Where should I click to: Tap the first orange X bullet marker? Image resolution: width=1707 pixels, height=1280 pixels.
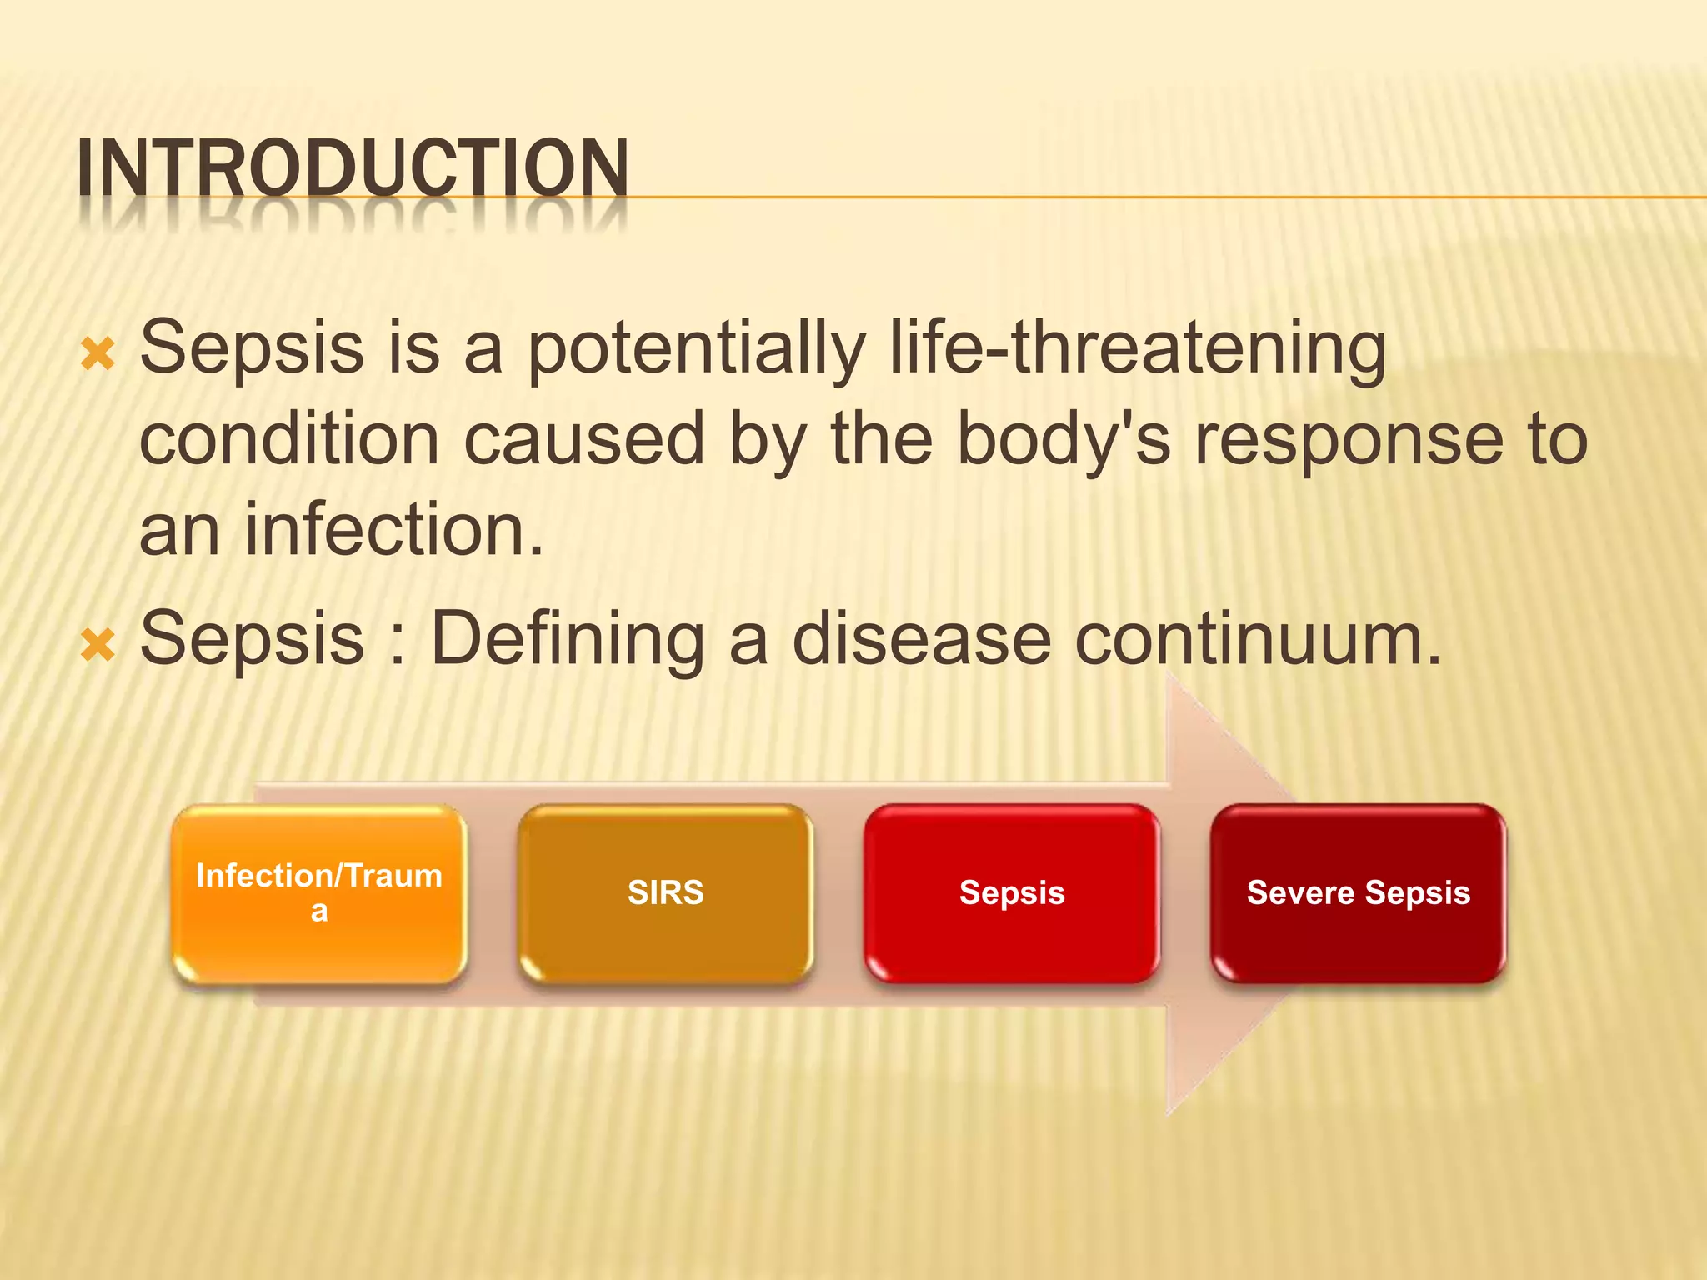(98, 355)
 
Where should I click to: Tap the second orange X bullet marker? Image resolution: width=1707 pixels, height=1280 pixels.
(98, 646)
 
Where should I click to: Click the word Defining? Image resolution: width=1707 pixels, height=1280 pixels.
(568, 639)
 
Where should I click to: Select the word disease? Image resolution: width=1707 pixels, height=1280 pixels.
(921, 639)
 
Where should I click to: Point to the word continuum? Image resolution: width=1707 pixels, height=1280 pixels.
(1258, 639)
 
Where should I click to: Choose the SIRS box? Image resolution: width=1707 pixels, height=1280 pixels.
(665, 893)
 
